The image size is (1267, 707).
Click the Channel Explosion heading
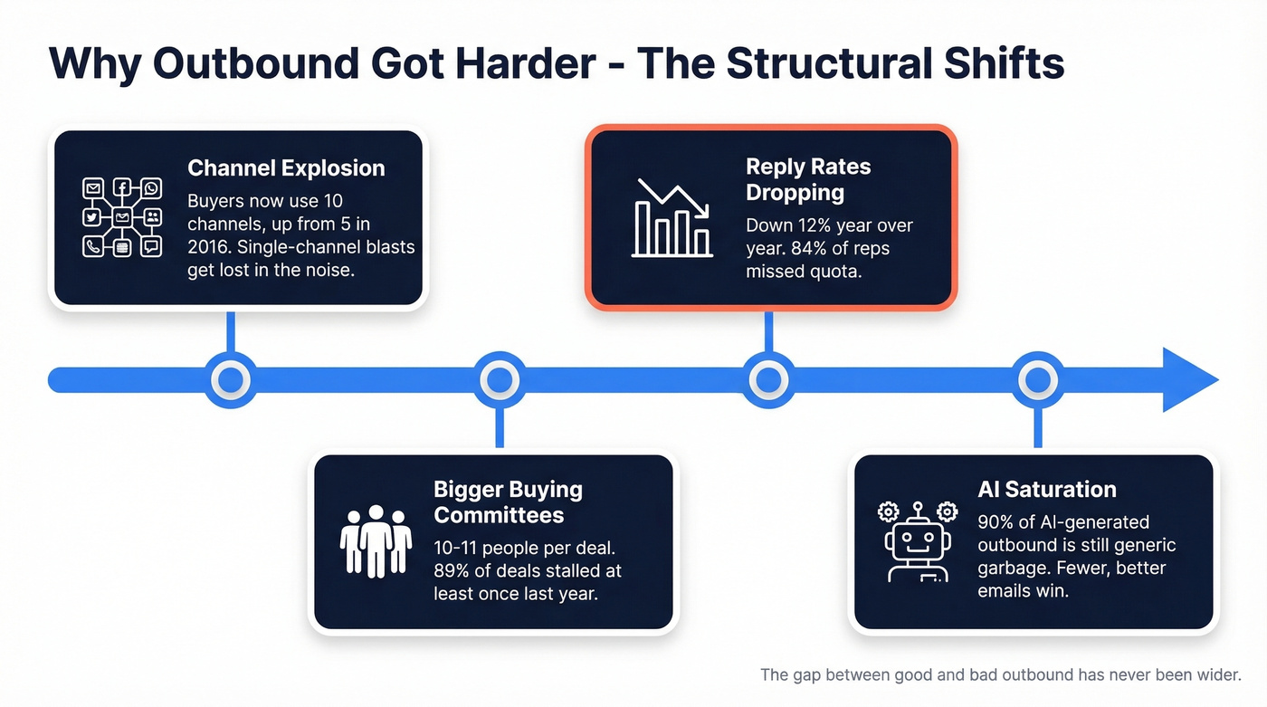click(286, 168)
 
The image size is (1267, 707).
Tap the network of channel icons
click(121, 217)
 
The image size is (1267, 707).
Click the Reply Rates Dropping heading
click(808, 179)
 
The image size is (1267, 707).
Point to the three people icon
click(376, 541)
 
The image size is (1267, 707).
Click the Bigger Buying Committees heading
click(509, 502)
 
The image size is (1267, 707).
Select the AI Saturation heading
click(1047, 490)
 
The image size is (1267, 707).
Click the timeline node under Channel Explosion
click(231, 380)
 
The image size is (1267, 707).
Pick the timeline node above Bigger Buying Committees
click(499, 380)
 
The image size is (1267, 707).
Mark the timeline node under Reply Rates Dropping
click(768, 380)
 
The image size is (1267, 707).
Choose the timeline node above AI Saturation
click(1037, 380)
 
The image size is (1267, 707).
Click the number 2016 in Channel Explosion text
click(210, 247)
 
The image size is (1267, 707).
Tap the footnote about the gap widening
click(1001, 674)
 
